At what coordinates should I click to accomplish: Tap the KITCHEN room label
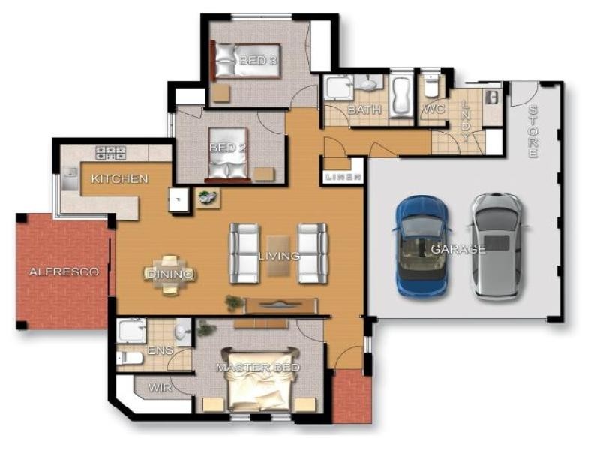coord(119,179)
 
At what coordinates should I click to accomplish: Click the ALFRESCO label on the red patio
coord(64,271)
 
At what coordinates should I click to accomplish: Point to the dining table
coord(170,274)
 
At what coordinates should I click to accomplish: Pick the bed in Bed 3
coord(247,61)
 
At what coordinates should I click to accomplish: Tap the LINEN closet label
coord(344,177)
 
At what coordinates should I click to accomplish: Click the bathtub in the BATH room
coord(400,96)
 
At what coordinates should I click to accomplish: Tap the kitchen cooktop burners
coord(110,152)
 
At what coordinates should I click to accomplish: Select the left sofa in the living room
coord(244,253)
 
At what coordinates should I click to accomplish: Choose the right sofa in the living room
coord(313,253)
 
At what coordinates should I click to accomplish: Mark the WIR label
coord(160,388)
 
